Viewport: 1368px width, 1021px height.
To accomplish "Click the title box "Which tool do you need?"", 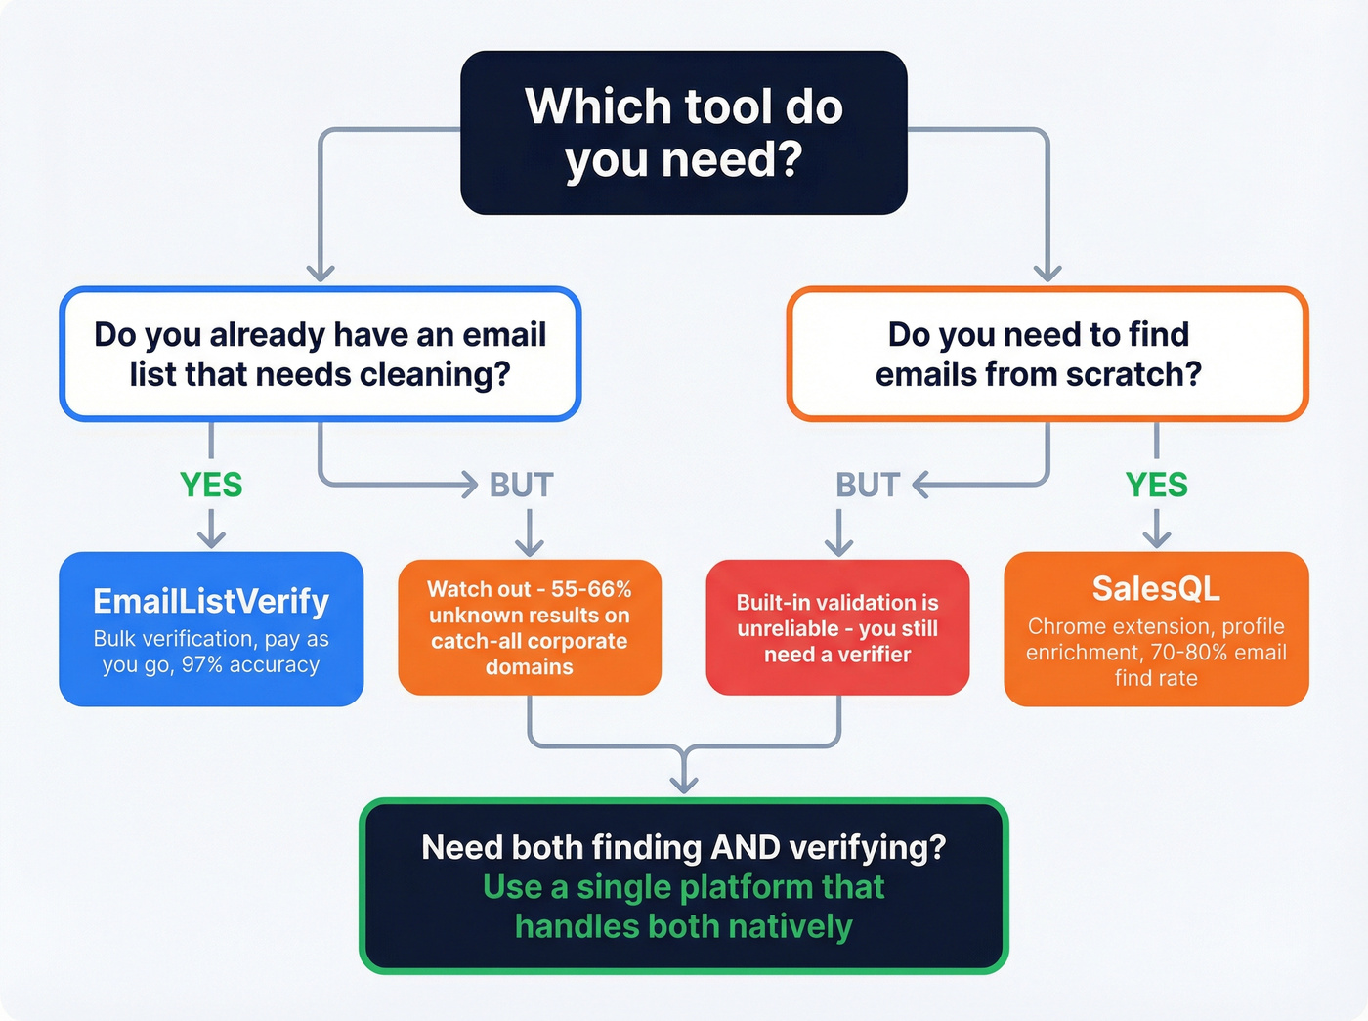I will pos(684,133).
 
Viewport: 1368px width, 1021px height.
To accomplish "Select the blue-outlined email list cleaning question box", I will pos(321,354).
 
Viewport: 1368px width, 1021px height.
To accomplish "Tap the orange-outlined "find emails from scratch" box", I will pos(1047,354).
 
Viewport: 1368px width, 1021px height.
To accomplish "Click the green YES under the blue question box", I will pos(211,485).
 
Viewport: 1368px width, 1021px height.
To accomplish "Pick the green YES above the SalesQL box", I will pos(1156,485).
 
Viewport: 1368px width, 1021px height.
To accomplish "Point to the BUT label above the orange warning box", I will pos(521,485).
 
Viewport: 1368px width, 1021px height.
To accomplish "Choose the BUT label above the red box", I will pos(867,485).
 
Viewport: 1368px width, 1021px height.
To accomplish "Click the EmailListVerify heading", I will pos(211,601).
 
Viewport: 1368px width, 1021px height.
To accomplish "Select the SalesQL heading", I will pos(1156,588).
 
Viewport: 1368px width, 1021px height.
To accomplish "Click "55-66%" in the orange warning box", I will pos(591,589).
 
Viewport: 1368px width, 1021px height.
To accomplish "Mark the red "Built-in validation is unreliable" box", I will pos(837,627).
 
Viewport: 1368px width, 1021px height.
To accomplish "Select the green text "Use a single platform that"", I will pos(684,887).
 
